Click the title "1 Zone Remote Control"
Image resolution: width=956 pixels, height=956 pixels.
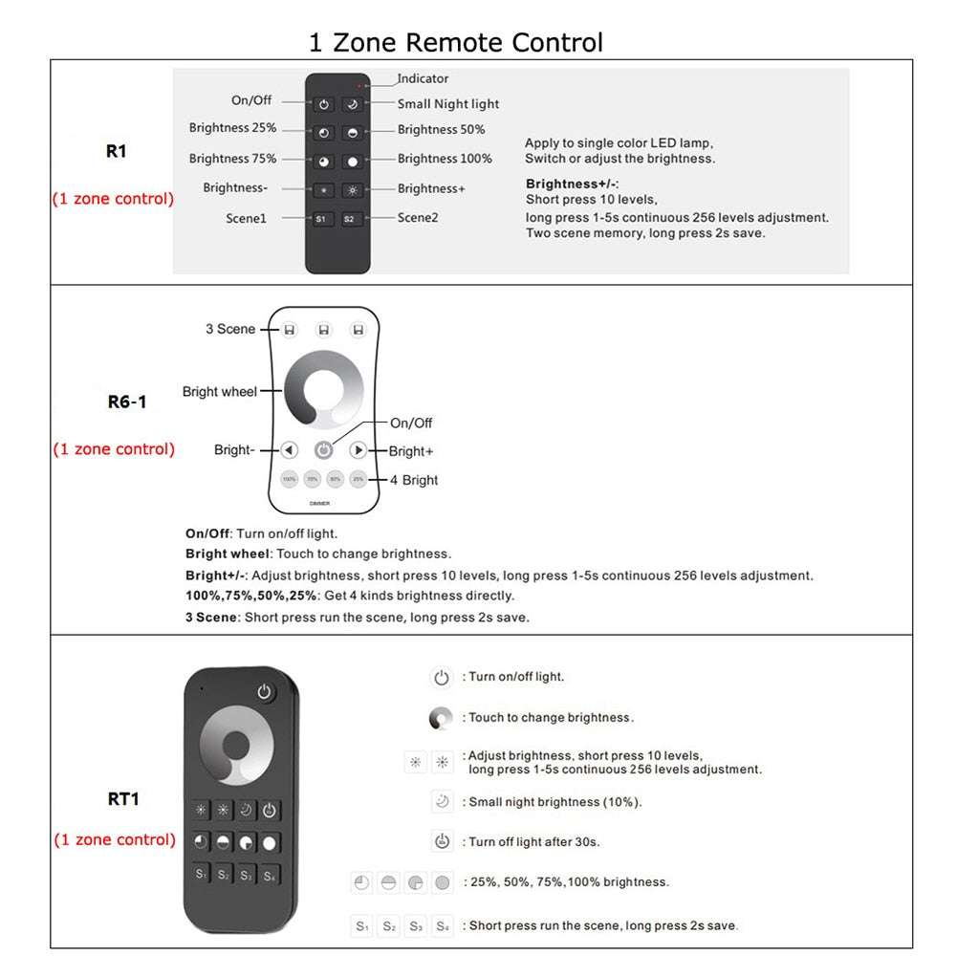[455, 43]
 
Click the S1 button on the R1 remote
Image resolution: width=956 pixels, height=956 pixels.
[323, 219]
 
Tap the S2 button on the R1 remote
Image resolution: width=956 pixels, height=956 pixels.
[350, 219]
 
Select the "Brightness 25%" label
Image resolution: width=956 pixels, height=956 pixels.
[232, 128]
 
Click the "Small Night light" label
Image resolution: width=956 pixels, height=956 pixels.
[448, 104]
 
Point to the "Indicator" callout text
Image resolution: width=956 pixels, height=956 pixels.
[423, 78]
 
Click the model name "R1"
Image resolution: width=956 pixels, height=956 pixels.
[116, 151]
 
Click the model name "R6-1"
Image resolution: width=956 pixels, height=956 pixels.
[127, 402]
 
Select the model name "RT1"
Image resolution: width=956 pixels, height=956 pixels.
[123, 798]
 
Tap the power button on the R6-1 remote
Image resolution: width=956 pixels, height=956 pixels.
[324, 449]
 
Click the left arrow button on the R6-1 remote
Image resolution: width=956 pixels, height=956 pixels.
[290, 449]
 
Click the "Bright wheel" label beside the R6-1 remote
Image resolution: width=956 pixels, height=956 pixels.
[220, 392]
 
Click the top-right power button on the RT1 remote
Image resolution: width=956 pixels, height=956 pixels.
[264, 692]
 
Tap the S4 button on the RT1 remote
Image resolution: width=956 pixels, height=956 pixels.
[270, 874]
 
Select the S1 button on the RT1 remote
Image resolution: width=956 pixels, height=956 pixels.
[201, 874]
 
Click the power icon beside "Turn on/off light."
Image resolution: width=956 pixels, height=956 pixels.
[441, 678]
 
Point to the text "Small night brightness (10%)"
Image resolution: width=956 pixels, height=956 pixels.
[554, 802]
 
